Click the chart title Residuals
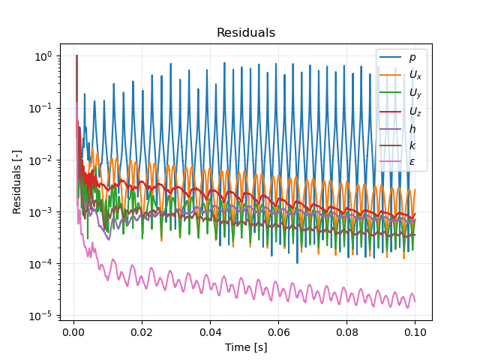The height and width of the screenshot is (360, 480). tap(246, 33)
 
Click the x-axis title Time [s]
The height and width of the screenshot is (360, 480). tap(246, 347)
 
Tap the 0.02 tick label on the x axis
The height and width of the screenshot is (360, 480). tap(142, 331)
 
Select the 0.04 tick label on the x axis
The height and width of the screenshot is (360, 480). tap(210, 331)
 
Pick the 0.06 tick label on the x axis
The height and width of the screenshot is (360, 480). tap(278, 331)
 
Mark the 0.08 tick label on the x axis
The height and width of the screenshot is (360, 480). tap(346, 331)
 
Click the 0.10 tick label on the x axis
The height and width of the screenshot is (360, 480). tap(415, 331)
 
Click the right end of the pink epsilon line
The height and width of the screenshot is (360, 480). tap(415, 301)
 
